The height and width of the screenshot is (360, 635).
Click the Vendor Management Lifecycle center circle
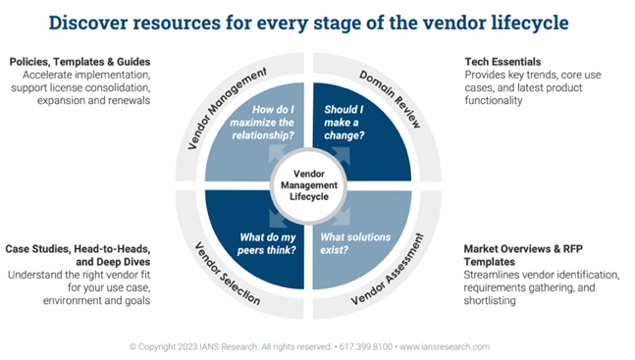click(x=316, y=180)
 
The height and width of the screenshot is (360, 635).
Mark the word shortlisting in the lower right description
click(x=489, y=301)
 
